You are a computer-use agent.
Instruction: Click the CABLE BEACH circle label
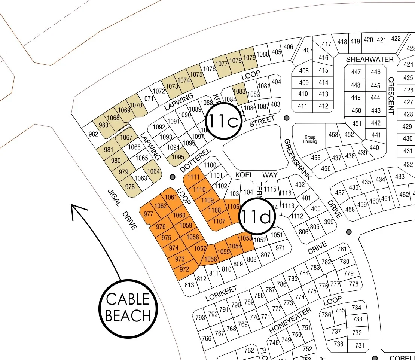click(x=128, y=308)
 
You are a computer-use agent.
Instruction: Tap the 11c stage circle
click(x=223, y=120)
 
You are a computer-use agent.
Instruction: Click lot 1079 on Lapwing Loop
click(x=249, y=58)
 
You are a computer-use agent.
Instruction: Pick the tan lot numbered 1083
click(x=239, y=92)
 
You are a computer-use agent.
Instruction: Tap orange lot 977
click(x=149, y=214)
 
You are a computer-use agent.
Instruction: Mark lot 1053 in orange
click(x=246, y=238)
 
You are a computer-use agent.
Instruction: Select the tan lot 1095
click(x=178, y=157)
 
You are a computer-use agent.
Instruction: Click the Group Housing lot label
click(x=310, y=139)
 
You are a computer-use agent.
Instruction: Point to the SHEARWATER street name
click(x=369, y=60)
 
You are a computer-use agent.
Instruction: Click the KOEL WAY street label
click(x=256, y=175)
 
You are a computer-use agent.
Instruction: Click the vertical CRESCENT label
click(x=391, y=95)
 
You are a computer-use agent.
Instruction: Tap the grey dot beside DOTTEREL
click(x=173, y=176)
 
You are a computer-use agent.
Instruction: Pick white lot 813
click(x=189, y=285)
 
